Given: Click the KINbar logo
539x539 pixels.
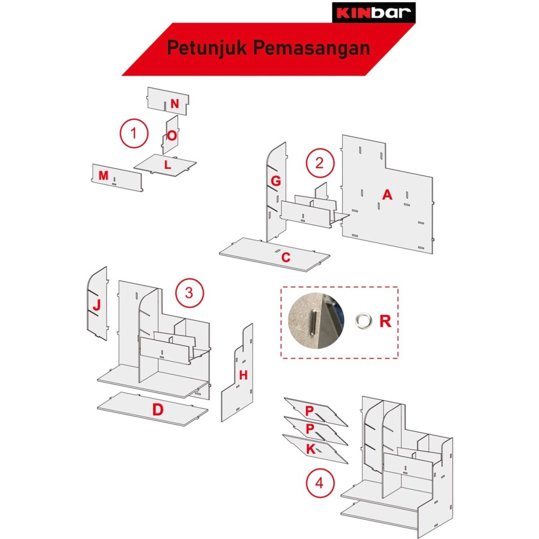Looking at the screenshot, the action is (374, 13).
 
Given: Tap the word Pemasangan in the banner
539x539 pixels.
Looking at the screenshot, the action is (311, 48).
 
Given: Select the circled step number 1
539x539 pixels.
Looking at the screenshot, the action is (134, 134).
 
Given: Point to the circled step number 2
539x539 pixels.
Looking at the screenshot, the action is (320, 163).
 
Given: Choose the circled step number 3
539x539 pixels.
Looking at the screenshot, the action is (189, 293).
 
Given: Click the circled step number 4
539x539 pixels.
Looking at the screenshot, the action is (320, 483).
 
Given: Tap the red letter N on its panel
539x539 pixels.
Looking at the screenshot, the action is (175, 104).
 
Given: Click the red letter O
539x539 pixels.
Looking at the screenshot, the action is (172, 136).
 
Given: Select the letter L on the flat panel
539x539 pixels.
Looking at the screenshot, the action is (168, 165).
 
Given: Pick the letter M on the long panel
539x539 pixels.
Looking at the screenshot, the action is (104, 175).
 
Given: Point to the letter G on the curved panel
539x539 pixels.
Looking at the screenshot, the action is (275, 181).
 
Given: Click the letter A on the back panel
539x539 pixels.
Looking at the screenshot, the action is (387, 195).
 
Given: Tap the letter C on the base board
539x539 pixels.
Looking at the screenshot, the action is (286, 257).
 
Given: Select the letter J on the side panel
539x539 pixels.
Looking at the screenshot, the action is (96, 305).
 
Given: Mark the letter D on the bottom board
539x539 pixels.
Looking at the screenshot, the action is (158, 410).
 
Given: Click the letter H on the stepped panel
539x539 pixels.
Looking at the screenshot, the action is (243, 375).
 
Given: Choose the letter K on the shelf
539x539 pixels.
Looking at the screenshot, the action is (311, 449).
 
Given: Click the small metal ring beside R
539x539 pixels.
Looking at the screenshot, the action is (364, 320).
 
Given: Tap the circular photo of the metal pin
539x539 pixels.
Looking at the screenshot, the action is (316, 320).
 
